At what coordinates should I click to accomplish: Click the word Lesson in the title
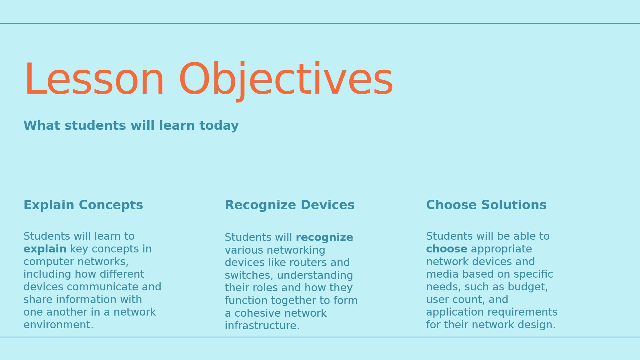[x=94, y=79]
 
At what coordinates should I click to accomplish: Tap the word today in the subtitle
[x=219, y=126]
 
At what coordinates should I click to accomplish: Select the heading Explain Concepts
[x=83, y=205]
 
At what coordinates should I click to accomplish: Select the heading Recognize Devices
[x=289, y=205]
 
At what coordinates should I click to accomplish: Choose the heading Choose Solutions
[x=486, y=205]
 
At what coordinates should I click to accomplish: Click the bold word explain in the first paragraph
[x=45, y=249]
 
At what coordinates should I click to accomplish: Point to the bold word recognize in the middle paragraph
[x=324, y=238]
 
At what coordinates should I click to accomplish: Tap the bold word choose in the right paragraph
[x=447, y=249]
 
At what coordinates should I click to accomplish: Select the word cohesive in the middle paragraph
[x=255, y=313]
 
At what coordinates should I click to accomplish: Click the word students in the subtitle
[x=95, y=126]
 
